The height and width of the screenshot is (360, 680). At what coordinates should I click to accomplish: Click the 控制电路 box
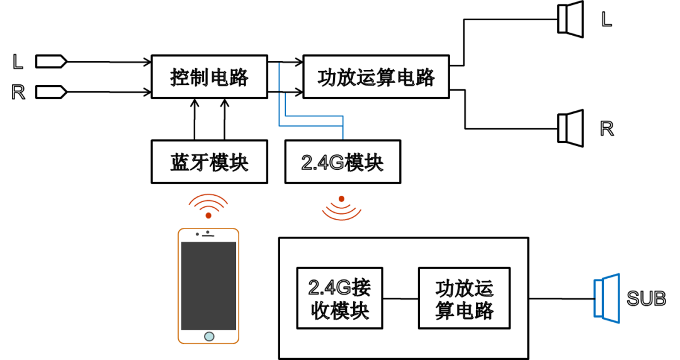pyautogui.click(x=210, y=77)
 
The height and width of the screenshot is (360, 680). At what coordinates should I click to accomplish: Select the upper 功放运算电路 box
pyautogui.click(x=376, y=77)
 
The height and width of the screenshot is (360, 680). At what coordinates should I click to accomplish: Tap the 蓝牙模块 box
pyautogui.click(x=210, y=162)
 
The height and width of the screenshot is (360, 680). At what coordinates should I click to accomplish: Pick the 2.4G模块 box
pyautogui.click(x=343, y=162)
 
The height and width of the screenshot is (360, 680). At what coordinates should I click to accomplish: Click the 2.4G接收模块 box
pyautogui.click(x=339, y=298)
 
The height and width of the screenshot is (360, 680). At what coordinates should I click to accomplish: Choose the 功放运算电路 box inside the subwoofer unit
pyautogui.click(x=464, y=298)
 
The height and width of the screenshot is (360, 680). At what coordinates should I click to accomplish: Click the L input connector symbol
pyautogui.click(x=51, y=62)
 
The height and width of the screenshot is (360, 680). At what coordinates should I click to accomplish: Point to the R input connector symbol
pyautogui.click(x=51, y=92)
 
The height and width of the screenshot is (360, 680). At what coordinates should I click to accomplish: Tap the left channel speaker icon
pyautogui.click(x=570, y=20)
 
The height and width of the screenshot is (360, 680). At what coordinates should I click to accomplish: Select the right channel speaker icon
pyautogui.click(x=570, y=128)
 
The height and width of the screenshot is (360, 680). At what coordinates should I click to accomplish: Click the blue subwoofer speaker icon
pyautogui.click(x=607, y=298)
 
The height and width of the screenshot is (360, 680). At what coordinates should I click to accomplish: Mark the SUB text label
pyautogui.click(x=646, y=298)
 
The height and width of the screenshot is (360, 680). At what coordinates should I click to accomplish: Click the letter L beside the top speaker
pyautogui.click(x=607, y=19)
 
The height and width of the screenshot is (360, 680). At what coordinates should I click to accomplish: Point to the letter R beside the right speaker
pyautogui.click(x=607, y=129)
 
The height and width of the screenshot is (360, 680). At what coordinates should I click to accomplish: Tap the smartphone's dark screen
pyautogui.click(x=208, y=286)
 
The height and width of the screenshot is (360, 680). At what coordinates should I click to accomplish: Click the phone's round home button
pyautogui.click(x=209, y=337)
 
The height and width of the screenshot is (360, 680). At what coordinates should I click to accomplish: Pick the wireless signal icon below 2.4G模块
pyautogui.click(x=342, y=208)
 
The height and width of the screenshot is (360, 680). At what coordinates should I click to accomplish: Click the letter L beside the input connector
pyautogui.click(x=18, y=62)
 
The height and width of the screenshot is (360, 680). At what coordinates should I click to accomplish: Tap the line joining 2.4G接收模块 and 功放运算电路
pyautogui.click(x=400, y=298)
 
